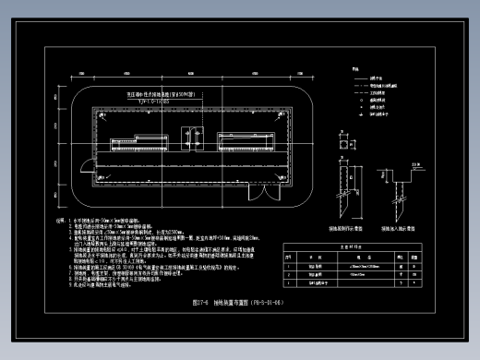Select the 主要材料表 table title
tap(380, 247)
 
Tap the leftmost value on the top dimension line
tap(81, 72)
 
